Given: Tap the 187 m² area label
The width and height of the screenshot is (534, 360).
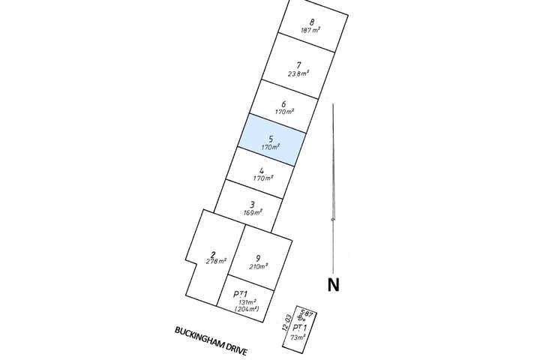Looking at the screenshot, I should [x=310, y=31].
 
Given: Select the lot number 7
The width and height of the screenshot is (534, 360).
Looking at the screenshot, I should [x=298, y=64].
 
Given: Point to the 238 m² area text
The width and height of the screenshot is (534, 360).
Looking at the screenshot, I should [x=298, y=73].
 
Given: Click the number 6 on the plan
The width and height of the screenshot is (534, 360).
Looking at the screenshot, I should [x=283, y=104].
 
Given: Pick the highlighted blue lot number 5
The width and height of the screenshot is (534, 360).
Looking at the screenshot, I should [x=270, y=139].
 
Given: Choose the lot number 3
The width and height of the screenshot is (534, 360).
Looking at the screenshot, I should [x=253, y=205].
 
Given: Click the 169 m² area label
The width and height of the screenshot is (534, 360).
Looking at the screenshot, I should [x=252, y=213].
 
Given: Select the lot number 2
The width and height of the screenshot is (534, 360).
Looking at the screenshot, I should [x=213, y=253].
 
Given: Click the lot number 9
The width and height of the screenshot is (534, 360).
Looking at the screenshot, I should [x=258, y=259].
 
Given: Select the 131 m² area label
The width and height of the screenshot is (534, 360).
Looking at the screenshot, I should [x=246, y=302].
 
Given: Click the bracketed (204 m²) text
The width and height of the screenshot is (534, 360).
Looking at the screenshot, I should [x=246, y=309].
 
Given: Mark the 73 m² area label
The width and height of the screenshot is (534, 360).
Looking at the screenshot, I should [x=299, y=337].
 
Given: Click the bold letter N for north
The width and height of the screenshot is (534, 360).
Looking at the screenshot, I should [x=333, y=284].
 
